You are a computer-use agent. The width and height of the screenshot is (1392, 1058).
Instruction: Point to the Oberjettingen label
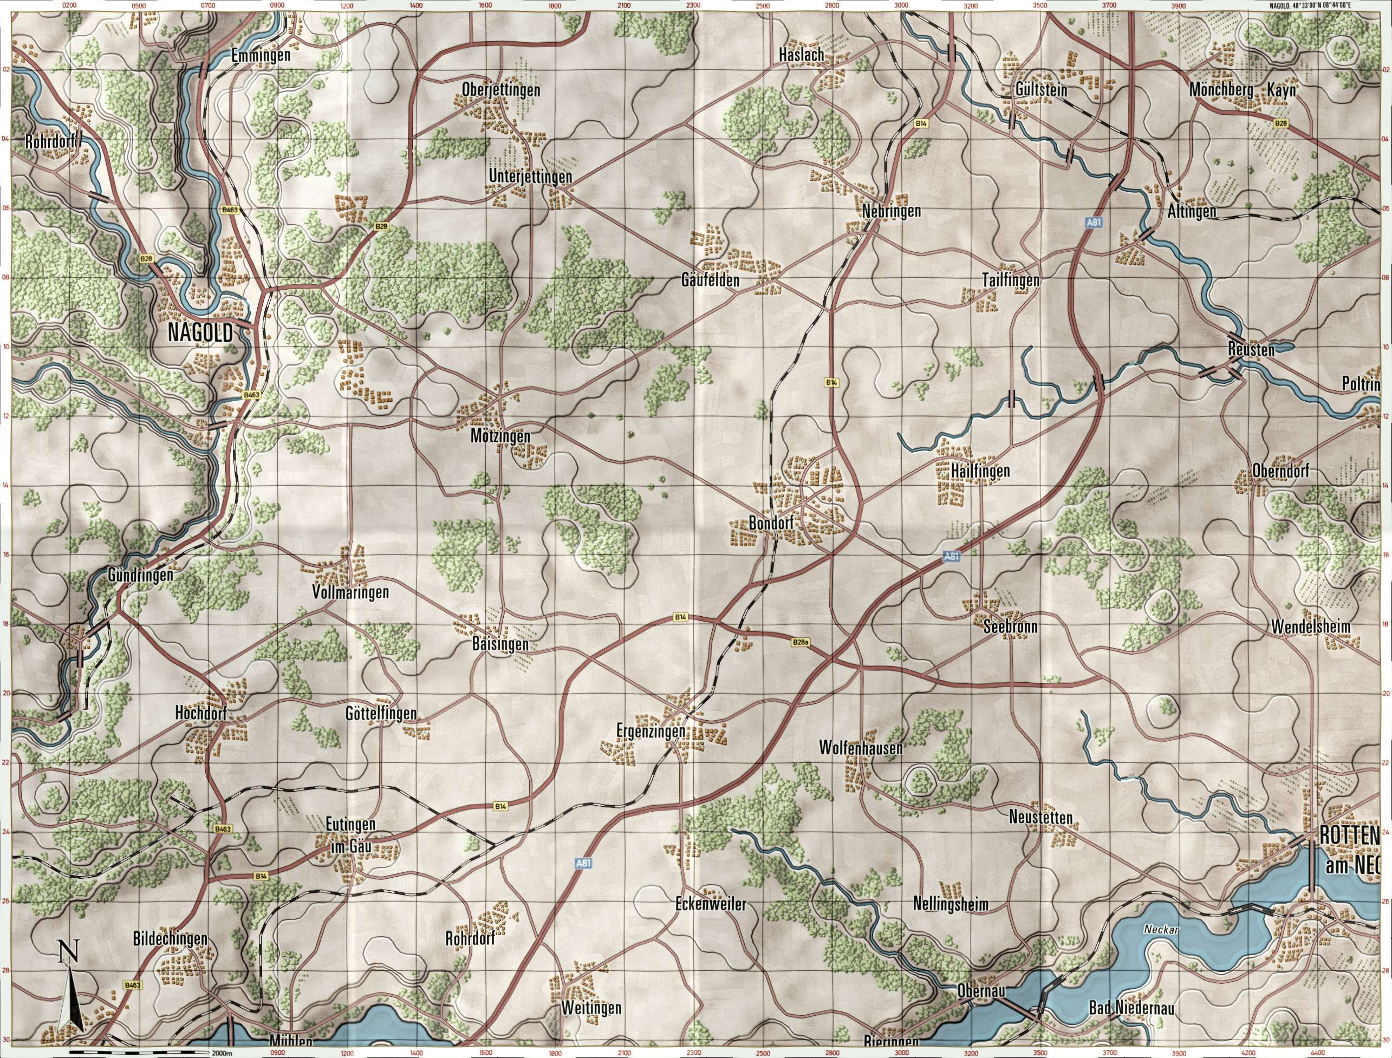point(501,90)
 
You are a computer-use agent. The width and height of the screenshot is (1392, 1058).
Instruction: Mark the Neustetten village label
point(1040,818)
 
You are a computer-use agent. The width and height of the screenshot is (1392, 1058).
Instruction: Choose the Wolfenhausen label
point(861,748)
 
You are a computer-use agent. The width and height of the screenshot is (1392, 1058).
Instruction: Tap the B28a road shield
point(800,642)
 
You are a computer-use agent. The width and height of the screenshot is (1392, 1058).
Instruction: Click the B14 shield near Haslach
point(921,125)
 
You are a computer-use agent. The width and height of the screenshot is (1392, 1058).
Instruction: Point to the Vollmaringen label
point(350,592)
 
